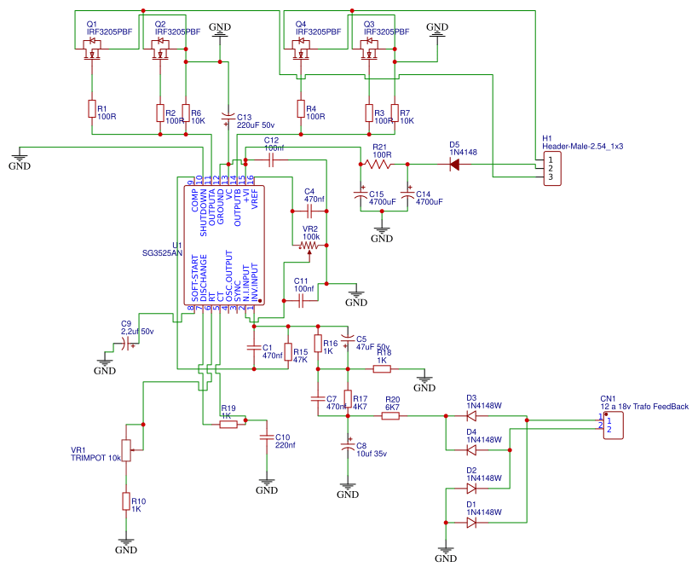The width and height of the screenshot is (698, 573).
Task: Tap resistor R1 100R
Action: (x=91, y=108)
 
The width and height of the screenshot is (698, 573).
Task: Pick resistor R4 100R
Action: (x=300, y=108)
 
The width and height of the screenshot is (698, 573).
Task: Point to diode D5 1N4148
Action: (x=454, y=164)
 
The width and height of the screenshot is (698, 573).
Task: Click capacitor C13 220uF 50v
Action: (x=228, y=116)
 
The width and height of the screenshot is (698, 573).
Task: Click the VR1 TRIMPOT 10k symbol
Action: (x=126, y=450)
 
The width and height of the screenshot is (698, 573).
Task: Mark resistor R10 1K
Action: (x=126, y=502)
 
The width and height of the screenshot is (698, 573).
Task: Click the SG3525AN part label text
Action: (x=162, y=253)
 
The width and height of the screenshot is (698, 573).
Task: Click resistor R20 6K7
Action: (x=392, y=416)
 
